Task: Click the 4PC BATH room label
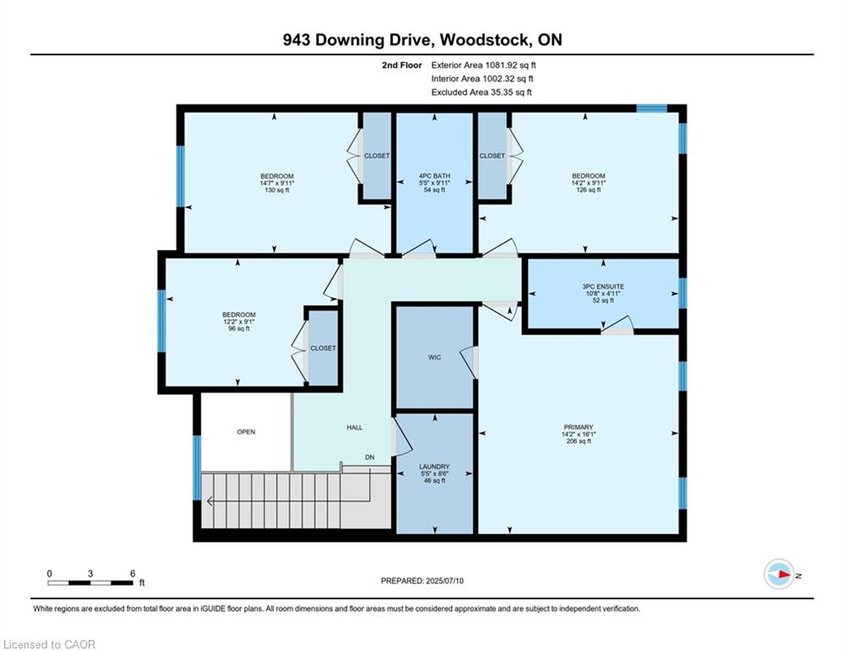(x=434, y=176)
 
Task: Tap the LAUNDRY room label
(x=434, y=466)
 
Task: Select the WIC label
(x=434, y=357)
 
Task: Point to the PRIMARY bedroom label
(x=579, y=427)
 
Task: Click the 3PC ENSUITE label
(x=603, y=287)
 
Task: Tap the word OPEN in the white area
(x=246, y=431)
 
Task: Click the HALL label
(x=355, y=427)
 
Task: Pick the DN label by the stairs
(x=370, y=458)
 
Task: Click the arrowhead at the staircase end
(x=210, y=502)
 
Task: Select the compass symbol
(x=779, y=574)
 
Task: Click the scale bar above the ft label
(x=91, y=582)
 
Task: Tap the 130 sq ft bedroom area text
(x=277, y=190)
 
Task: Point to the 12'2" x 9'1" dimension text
(x=239, y=321)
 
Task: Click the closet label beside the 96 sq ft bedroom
(x=323, y=348)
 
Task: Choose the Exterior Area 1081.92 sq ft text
(x=483, y=65)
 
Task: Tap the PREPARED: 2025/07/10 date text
(x=422, y=581)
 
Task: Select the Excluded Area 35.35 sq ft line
(x=481, y=92)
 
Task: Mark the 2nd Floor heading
(x=401, y=65)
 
